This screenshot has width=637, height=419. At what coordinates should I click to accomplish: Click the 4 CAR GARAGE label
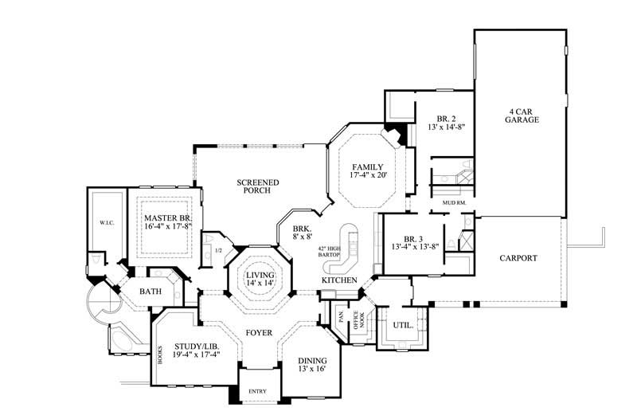[x=522, y=115]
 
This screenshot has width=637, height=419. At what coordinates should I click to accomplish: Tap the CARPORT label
[x=519, y=258]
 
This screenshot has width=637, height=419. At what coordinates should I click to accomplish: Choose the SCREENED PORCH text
[x=257, y=186]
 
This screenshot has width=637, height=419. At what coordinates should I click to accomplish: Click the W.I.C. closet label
[x=106, y=222]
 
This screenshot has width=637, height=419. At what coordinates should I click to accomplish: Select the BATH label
[x=151, y=292]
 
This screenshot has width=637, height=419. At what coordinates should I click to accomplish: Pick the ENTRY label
[x=258, y=391]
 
